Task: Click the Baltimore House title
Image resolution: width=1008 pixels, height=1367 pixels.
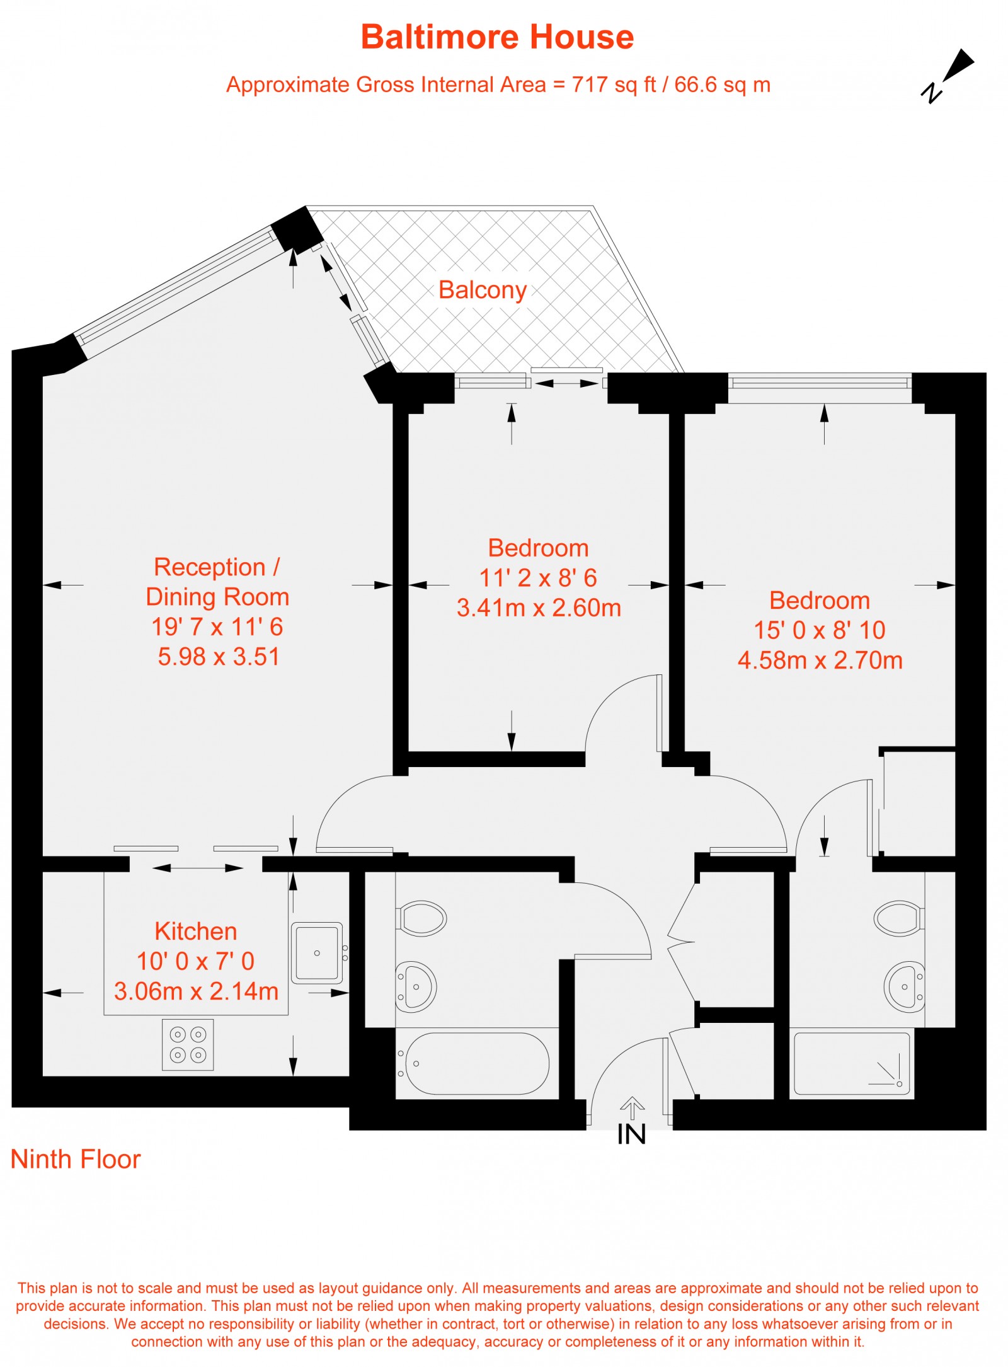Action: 497,37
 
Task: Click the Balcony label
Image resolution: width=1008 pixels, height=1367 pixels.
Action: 483,290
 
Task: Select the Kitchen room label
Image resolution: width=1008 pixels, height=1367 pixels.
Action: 196,931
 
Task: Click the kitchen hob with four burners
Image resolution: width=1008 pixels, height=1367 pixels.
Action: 188,1044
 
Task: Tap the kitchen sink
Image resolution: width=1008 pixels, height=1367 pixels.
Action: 317,952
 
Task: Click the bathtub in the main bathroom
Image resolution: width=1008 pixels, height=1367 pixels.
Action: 477,1063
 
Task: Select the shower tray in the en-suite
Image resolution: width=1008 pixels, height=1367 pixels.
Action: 852,1063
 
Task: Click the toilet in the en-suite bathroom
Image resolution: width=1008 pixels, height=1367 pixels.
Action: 898,918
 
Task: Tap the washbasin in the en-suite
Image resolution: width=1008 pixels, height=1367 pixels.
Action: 905,986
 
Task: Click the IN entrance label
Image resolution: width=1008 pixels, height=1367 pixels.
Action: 631,1134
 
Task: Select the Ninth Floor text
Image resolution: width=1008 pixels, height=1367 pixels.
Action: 76,1159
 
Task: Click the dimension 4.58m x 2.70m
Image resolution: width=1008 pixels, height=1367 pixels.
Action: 820,660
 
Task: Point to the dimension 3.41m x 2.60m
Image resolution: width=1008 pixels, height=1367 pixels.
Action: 539,608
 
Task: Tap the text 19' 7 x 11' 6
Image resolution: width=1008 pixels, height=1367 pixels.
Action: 217,626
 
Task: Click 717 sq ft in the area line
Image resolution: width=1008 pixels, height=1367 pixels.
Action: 614,84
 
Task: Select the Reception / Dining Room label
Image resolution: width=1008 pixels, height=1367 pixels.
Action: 217,581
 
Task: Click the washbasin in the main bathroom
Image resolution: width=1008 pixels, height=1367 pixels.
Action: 415,986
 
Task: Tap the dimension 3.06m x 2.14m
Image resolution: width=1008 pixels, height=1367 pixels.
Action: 196,991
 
